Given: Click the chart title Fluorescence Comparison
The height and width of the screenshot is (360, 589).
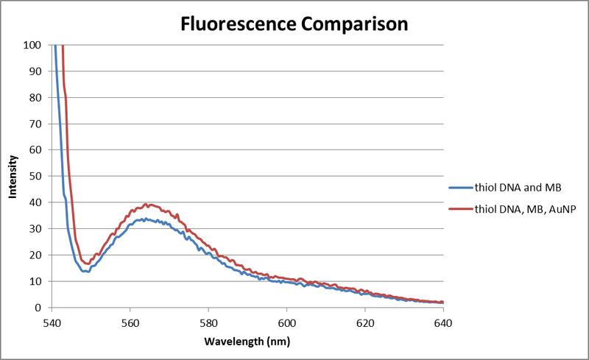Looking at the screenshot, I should [x=294, y=24].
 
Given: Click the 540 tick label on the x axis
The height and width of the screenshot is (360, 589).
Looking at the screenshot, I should [x=52, y=322].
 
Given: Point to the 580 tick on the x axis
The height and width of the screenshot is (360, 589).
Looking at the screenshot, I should [x=208, y=322].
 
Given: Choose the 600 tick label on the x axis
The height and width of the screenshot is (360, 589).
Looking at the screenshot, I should [x=286, y=322].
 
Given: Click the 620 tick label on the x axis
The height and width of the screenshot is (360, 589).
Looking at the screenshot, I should [x=365, y=322].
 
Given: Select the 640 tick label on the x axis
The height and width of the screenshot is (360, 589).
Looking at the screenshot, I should [x=443, y=322].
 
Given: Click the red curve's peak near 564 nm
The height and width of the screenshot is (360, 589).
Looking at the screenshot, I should [x=146, y=204].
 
